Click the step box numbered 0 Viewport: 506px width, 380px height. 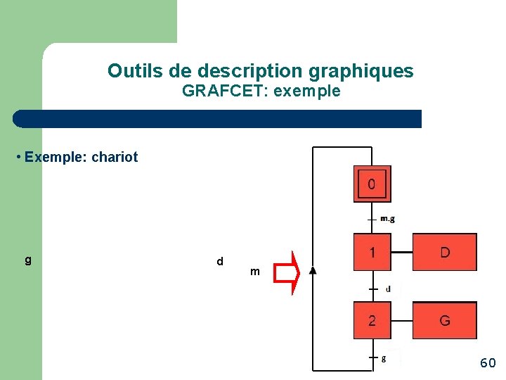click(x=372, y=184)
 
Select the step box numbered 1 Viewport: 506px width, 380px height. click(x=372, y=252)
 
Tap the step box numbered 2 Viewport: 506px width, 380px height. click(x=372, y=320)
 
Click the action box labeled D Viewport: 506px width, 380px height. click(x=444, y=252)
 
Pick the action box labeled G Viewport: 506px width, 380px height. click(x=444, y=320)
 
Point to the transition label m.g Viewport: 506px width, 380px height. click(x=387, y=219)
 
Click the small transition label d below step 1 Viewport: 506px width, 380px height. click(x=388, y=289)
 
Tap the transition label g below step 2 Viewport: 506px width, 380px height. click(x=383, y=358)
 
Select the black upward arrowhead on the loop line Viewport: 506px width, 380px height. click(x=313, y=270)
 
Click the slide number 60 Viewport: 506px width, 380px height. click(x=488, y=363)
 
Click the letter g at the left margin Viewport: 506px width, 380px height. click(x=28, y=260)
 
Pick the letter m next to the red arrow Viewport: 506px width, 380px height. click(x=254, y=272)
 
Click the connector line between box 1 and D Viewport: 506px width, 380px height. click(x=401, y=252)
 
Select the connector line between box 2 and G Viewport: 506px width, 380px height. click(x=401, y=320)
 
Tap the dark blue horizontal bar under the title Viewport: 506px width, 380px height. click(x=218, y=119)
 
